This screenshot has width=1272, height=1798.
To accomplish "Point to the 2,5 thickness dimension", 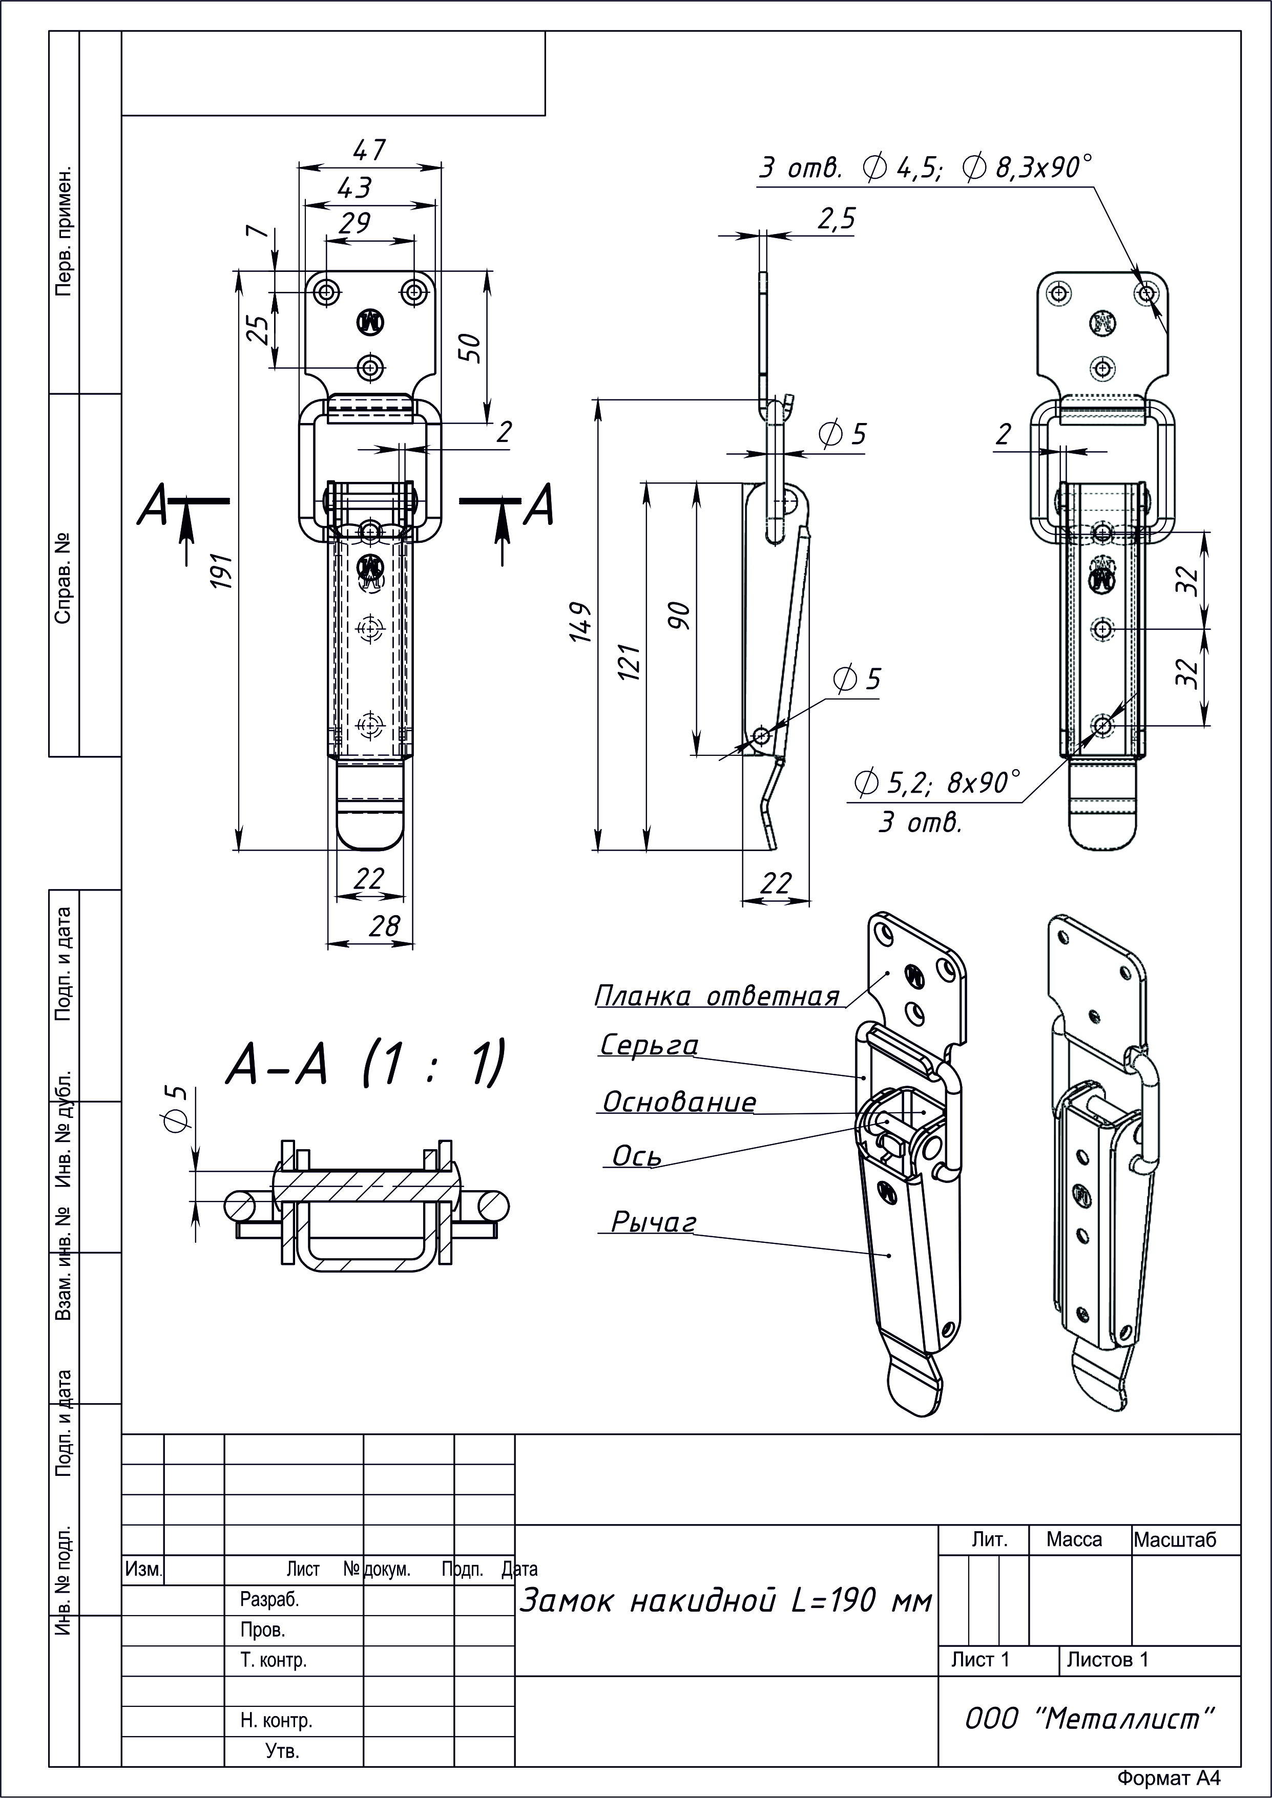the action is [837, 219].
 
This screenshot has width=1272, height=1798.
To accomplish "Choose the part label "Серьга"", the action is [649, 1045].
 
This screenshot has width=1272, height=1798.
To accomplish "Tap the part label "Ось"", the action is [637, 1156].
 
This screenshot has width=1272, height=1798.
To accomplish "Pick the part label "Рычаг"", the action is [653, 1222].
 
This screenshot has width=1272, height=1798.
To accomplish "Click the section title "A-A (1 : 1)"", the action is [365, 1064].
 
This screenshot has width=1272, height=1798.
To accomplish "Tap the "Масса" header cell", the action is [1074, 1539].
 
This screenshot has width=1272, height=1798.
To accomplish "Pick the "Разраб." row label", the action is [269, 1600].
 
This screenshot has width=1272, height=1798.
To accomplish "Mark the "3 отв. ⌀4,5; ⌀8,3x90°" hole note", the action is [925, 167].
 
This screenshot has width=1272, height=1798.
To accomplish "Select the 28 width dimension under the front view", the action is [384, 926].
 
